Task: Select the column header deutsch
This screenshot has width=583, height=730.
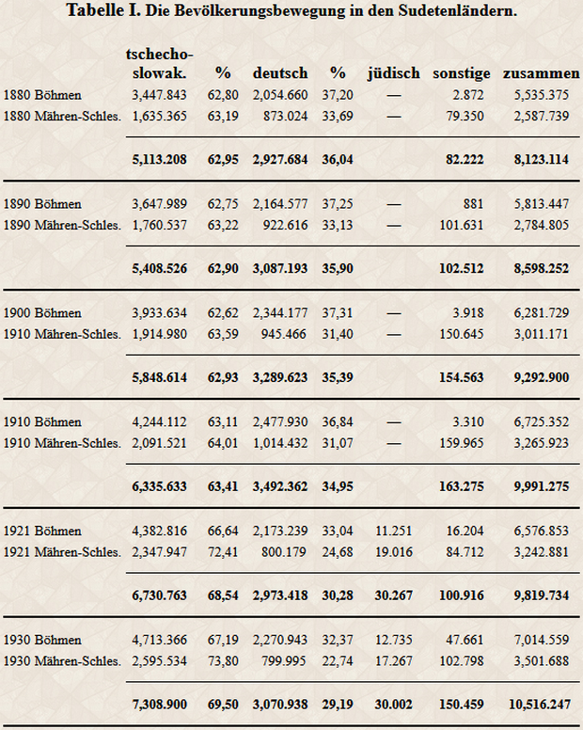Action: (280, 73)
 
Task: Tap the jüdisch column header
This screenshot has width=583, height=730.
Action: (394, 73)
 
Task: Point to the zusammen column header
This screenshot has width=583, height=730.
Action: (541, 73)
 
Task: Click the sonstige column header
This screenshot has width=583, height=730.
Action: (461, 73)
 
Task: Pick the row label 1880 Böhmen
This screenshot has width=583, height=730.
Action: (42, 95)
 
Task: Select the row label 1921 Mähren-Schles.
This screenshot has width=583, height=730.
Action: (62, 552)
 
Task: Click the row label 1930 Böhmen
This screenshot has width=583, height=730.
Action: (42, 640)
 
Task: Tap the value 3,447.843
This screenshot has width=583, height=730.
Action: (159, 95)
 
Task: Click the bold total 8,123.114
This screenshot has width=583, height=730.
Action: (541, 159)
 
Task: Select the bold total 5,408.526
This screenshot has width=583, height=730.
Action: (159, 268)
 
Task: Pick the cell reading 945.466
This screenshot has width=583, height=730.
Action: (285, 334)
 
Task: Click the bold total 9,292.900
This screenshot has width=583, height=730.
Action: (541, 377)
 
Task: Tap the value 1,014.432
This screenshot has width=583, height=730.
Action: (280, 443)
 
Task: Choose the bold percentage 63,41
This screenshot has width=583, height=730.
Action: (223, 486)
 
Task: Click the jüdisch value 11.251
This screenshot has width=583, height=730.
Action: (394, 531)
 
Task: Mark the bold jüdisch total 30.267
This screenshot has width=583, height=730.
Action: (394, 595)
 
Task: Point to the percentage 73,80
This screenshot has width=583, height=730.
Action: (223, 661)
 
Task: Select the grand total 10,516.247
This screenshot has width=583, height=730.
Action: (540, 704)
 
